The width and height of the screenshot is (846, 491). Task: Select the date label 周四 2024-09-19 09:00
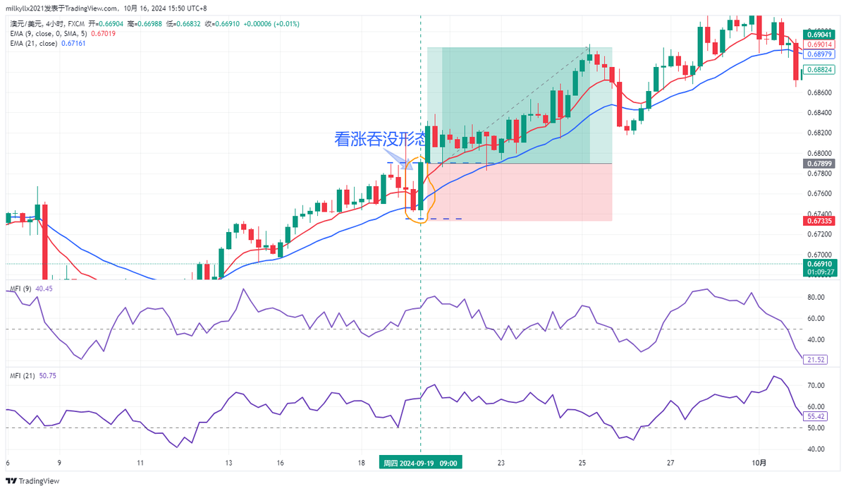[421, 463]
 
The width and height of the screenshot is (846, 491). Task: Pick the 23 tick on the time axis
[501, 463]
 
